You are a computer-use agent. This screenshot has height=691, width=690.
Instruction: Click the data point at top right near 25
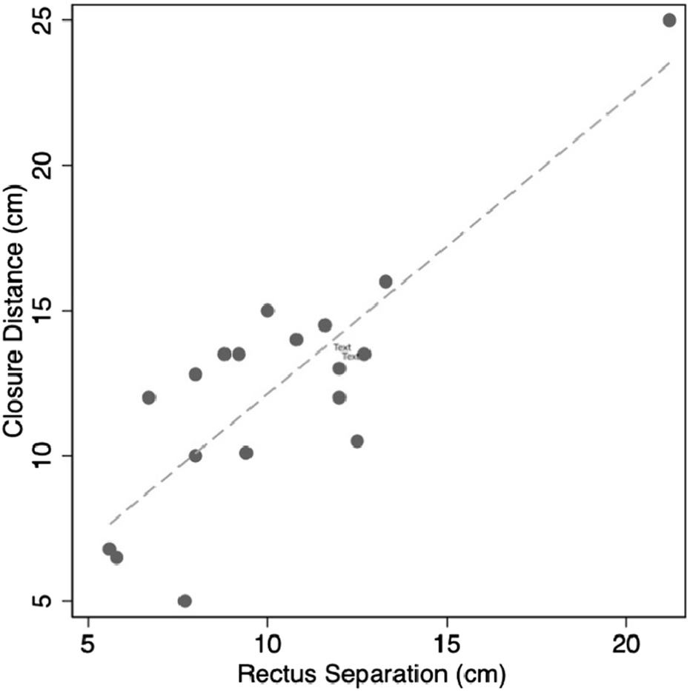click(x=669, y=20)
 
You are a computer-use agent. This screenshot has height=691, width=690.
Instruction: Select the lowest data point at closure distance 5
click(x=185, y=601)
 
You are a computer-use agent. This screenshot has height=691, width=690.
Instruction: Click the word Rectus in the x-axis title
click(x=271, y=674)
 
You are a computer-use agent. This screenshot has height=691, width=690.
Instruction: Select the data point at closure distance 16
click(x=385, y=281)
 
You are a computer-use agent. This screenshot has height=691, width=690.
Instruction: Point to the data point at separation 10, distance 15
click(x=268, y=310)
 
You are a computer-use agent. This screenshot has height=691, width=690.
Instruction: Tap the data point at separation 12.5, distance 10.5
click(x=357, y=441)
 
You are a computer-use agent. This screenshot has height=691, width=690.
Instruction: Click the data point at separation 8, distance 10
click(x=196, y=455)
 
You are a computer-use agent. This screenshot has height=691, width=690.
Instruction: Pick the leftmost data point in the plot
click(x=109, y=549)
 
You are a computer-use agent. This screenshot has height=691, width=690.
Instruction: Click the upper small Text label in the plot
click(x=342, y=347)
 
